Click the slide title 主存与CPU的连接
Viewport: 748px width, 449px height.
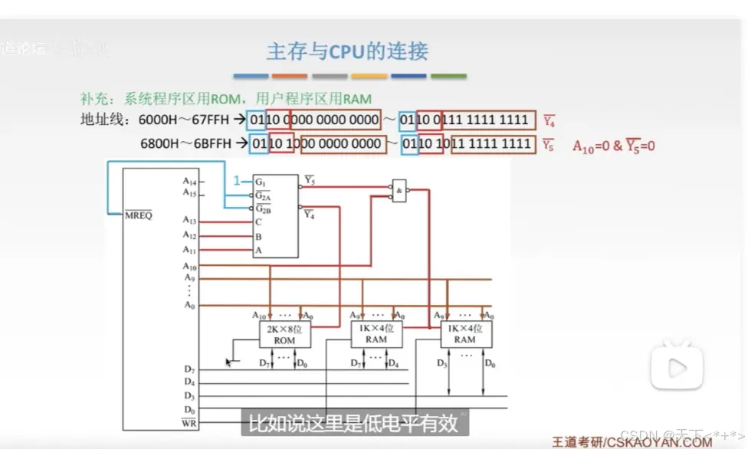pos(346,51)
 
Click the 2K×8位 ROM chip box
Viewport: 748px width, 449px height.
pos(284,334)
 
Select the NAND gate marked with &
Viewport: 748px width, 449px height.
pos(399,191)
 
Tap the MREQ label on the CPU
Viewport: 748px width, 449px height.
pos(139,215)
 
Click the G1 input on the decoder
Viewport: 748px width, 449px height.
pos(261,182)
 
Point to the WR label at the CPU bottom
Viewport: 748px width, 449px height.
pos(189,422)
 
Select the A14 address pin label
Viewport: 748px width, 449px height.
pos(189,182)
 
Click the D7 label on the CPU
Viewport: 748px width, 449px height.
pos(189,369)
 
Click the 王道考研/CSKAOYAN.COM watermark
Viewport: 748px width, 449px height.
pos(632,441)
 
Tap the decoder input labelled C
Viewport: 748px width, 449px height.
pos(258,222)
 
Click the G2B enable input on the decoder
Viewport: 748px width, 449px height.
pos(263,208)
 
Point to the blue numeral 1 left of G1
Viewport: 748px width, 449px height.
pos(238,182)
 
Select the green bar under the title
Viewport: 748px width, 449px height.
pos(448,77)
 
